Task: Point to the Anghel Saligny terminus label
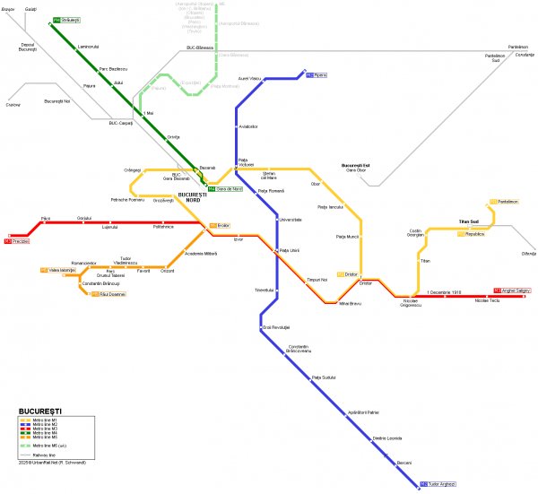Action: [x=512, y=290]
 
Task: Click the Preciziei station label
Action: [x=18, y=241]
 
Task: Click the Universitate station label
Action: [x=291, y=219]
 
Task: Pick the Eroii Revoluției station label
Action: [x=278, y=327]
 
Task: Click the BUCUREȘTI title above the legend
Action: [x=40, y=412]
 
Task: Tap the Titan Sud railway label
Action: [x=469, y=221]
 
